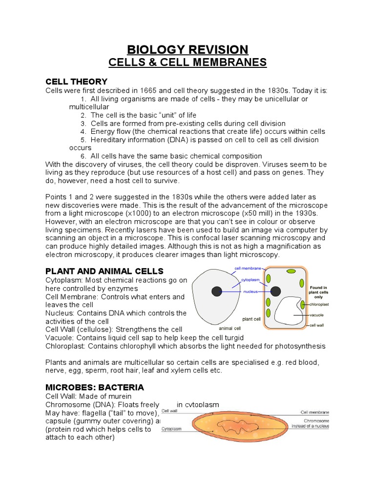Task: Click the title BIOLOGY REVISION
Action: click(187, 49)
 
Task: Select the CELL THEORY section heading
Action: click(76, 82)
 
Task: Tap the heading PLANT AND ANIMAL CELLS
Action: click(104, 271)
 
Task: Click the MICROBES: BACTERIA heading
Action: click(95, 387)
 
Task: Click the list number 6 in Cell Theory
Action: click(83, 156)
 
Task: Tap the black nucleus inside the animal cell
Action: click(216, 292)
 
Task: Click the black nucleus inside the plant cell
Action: click(275, 292)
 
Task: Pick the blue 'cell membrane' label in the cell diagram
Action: click(248, 268)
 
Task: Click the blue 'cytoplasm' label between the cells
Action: click(250, 280)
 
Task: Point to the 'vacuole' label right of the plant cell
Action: click(316, 315)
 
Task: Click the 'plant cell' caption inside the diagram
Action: click(251, 319)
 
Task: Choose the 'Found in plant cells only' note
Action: click(318, 292)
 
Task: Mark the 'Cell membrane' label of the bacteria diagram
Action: click(314, 412)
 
